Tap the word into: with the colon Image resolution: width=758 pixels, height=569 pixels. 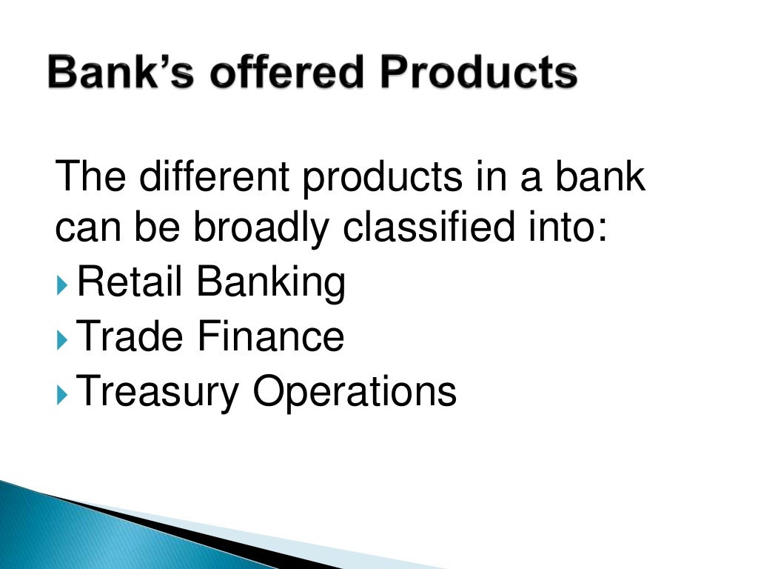pos(568,228)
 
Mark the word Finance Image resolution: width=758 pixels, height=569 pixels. pos(270,336)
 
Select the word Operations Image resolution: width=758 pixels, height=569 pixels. pos(355,392)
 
